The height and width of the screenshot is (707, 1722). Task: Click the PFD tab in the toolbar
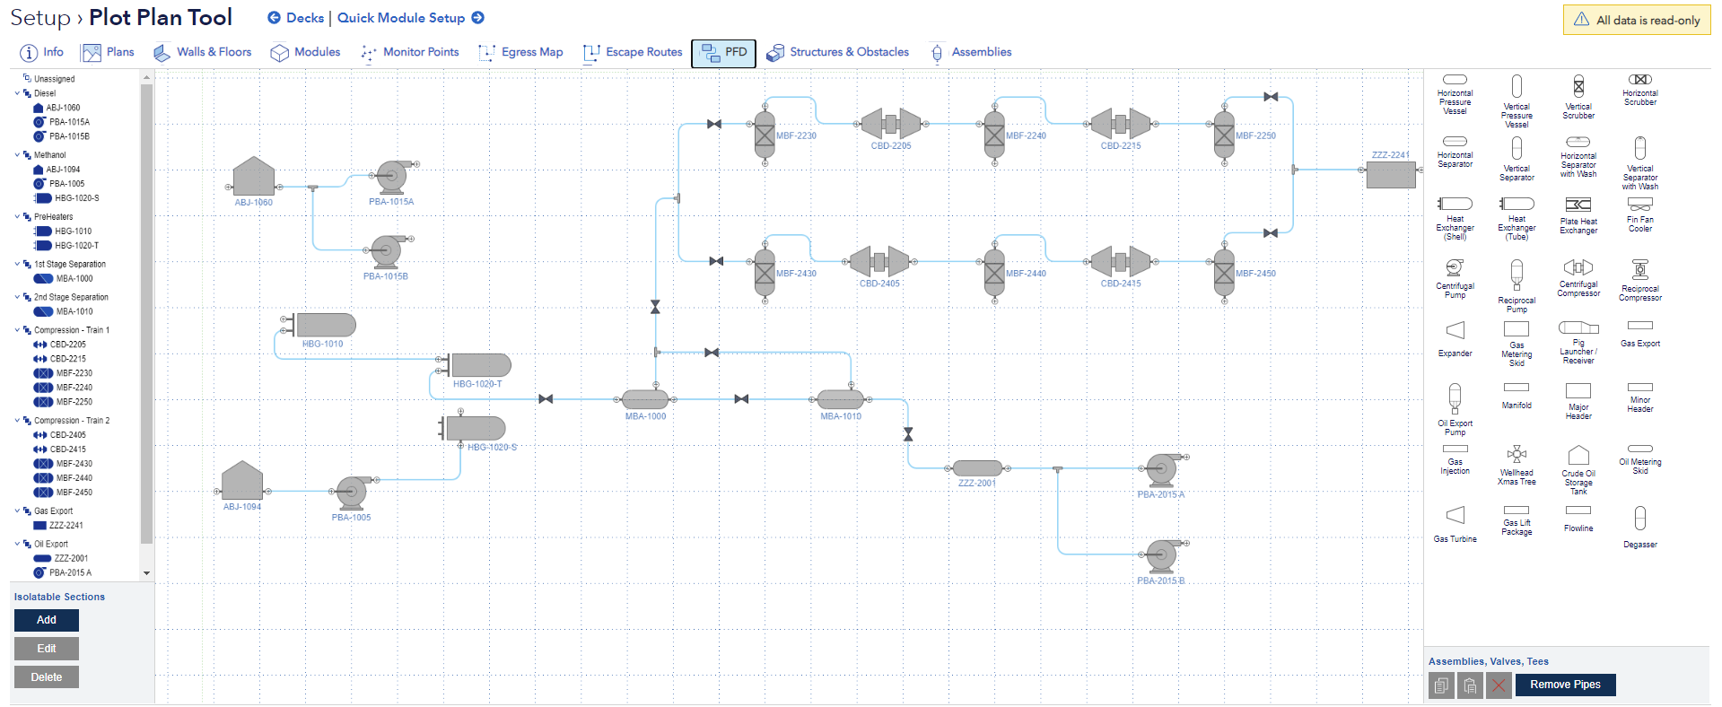(723, 53)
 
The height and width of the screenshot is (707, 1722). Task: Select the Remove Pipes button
(1565, 685)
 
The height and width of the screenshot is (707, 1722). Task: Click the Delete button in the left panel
(47, 677)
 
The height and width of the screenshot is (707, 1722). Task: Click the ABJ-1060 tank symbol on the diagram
(254, 177)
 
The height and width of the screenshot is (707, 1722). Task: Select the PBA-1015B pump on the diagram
(387, 252)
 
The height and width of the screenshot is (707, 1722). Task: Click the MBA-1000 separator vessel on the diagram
(645, 399)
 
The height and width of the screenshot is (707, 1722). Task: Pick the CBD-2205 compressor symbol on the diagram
(891, 124)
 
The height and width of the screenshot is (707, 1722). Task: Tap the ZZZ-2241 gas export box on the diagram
(1391, 174)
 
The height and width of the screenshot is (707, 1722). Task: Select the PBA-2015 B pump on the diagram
(1162, 556)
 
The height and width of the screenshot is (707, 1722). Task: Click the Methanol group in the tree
(49, 155)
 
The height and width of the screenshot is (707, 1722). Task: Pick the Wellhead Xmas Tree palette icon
(1517, 454)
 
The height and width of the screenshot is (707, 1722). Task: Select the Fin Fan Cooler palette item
(1639, 205)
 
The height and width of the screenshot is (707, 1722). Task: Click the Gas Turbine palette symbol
(1455, 515)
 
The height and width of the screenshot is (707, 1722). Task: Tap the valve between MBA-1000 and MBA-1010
(741, 399)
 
